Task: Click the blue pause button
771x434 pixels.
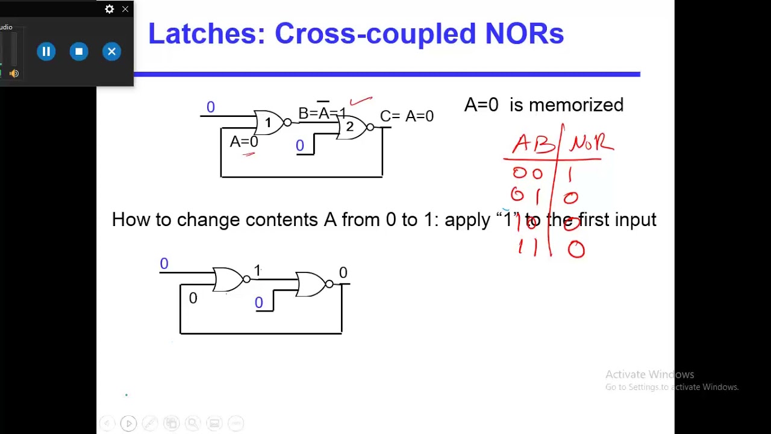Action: [46, 52]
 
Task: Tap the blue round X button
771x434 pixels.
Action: [111, 52]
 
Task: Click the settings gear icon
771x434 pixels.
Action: [109, 9]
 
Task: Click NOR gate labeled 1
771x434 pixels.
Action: [269, 123]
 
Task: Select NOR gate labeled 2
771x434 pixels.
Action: [351, 127]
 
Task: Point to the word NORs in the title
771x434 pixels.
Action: [524, 34]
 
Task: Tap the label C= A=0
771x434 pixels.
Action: [407, 116]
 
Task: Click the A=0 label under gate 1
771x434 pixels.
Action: [244, 142]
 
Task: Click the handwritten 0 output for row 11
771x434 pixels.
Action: [576, 249]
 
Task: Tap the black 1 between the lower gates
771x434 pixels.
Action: [257, 271]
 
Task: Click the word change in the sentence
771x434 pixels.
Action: [208, 219]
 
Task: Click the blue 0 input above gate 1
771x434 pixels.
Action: [210, 107]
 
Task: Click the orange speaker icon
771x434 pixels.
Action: [14, 74]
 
